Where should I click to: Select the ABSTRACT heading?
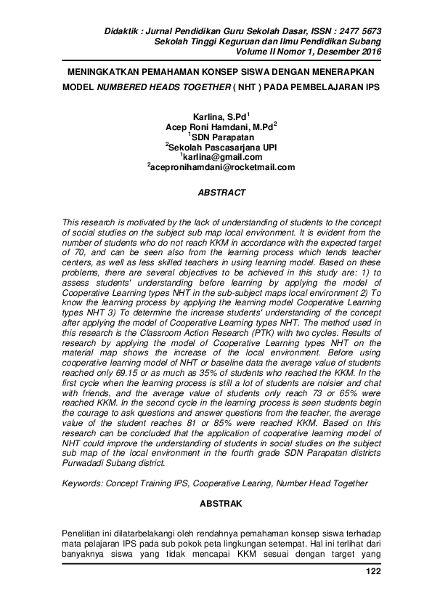(222, 193)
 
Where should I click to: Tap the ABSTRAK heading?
(222, 503)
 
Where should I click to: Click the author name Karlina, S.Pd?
(219, 116)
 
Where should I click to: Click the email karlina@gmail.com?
(221, 156)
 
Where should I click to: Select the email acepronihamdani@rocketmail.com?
(221, 166)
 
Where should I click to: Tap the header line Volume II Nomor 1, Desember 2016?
(320, 52)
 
